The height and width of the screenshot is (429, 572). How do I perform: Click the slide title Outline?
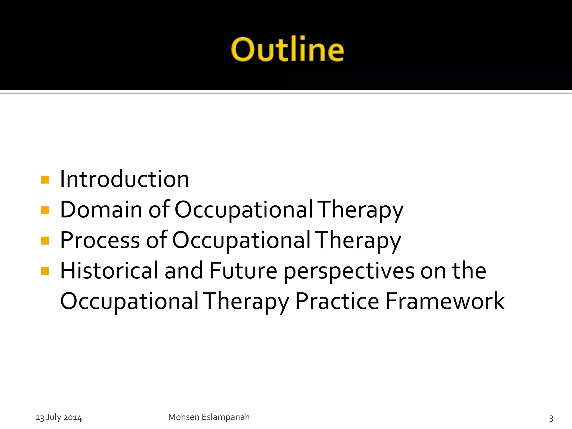tap(287, 49)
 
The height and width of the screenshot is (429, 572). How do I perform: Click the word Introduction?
tap(125, 179)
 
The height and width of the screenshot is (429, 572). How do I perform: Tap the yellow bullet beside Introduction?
tap(45, 179)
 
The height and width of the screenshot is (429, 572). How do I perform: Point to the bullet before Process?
tap(45, 240)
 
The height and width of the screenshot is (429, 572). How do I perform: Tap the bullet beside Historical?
tap(45, 271)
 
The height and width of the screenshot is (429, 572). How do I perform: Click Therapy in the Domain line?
tap(361, 210)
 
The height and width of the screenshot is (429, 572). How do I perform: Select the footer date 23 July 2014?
tap(59, 417)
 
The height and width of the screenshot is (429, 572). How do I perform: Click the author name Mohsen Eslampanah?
tap(209, 417)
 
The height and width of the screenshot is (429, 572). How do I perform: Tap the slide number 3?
tap(551, 418)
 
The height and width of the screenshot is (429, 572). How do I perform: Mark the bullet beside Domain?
tap(45, 210)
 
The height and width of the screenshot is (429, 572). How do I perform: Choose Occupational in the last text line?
tap(129, 301)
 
